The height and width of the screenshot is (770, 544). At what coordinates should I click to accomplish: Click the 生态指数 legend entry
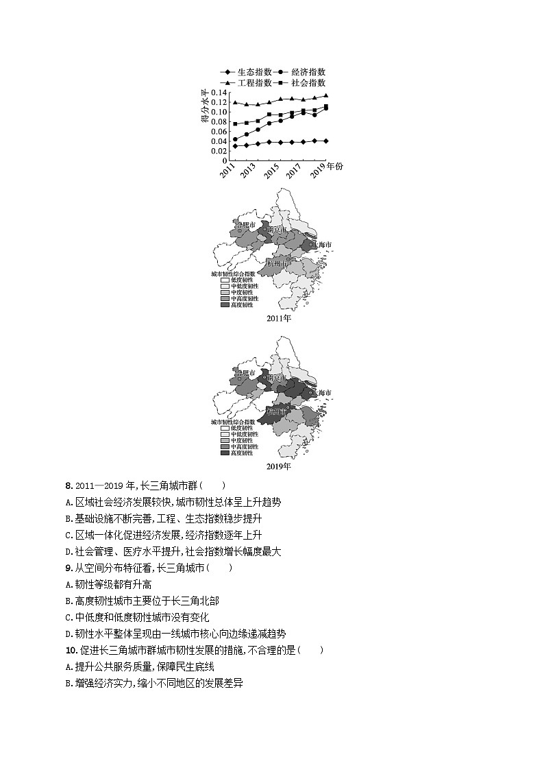(246, 72)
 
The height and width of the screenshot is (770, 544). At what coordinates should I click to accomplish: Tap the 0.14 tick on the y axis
(219, 93)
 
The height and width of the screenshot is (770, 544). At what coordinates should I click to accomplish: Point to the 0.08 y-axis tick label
(219, 122)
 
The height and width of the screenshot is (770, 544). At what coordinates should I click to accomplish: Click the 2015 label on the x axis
(271, 171)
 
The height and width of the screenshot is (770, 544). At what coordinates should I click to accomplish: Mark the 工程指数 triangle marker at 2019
(325, 95)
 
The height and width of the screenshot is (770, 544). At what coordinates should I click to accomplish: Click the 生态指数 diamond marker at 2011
(235, 146)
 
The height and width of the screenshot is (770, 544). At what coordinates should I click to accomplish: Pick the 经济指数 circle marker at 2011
(235, 139)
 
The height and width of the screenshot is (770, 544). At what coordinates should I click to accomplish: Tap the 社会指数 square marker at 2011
(235, 124)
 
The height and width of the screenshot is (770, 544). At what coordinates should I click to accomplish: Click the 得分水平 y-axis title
(205, 106)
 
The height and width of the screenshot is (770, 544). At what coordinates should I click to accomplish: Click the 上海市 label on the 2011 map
(321, 245)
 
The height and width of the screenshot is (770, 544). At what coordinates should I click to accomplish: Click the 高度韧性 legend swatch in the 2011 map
(225, 304)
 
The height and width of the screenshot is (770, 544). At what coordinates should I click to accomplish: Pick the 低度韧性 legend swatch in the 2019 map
(225, 428)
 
